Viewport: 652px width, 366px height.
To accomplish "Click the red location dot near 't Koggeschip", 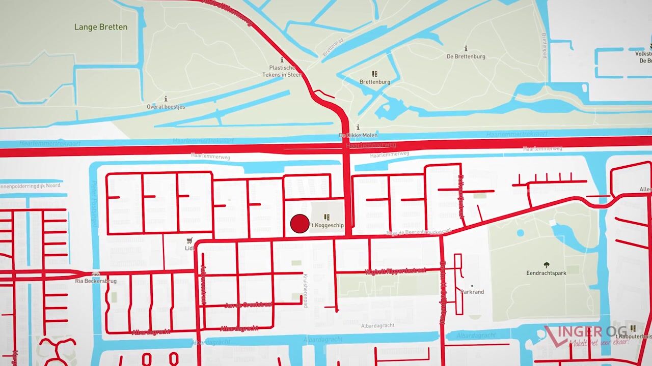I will point(300,224).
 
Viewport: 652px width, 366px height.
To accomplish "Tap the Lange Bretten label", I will point(101,27).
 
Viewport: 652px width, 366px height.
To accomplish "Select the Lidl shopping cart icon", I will point(189,240).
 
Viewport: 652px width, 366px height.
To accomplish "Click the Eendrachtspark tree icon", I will point(547,265).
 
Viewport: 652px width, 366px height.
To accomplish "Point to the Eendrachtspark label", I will point(546,273).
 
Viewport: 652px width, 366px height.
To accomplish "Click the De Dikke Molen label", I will point(358,135).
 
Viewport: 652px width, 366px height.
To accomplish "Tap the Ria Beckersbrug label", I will point(96,281).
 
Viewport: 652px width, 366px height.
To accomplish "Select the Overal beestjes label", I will point(166,107).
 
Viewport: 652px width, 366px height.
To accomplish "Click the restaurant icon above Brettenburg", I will point(375,74).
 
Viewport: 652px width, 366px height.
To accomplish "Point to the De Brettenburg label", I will point(466,56).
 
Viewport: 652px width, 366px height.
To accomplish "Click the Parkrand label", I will point(472,292).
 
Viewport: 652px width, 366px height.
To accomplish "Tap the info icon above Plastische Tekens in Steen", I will point(282,59).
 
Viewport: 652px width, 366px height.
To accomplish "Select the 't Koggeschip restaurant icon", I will point(327,217).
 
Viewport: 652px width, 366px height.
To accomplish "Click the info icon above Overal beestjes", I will point(166,99).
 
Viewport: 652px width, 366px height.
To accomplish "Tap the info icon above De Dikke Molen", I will point(358,127).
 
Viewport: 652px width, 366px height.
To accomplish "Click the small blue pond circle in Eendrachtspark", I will point(520,233).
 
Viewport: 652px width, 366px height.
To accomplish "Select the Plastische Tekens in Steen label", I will point(282,71).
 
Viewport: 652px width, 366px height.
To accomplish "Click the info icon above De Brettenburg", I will point(466,48).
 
